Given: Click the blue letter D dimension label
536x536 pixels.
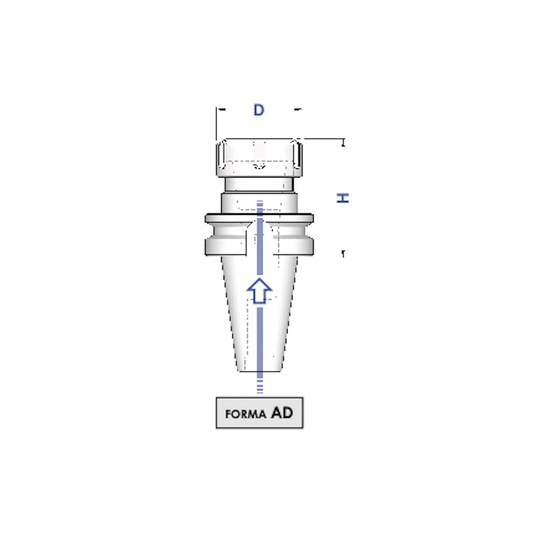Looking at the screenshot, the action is click(259, 110).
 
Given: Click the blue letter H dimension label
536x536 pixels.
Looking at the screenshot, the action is click(343, 198).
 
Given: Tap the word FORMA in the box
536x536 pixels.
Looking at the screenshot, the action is click(246, 414).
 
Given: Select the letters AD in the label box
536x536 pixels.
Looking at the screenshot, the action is click(282, 413).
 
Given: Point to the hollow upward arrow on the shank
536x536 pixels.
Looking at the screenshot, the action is click(259, 291).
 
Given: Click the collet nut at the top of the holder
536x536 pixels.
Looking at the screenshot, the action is click(259, 158).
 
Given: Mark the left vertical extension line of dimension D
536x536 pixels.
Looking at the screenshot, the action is click(216, 123).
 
